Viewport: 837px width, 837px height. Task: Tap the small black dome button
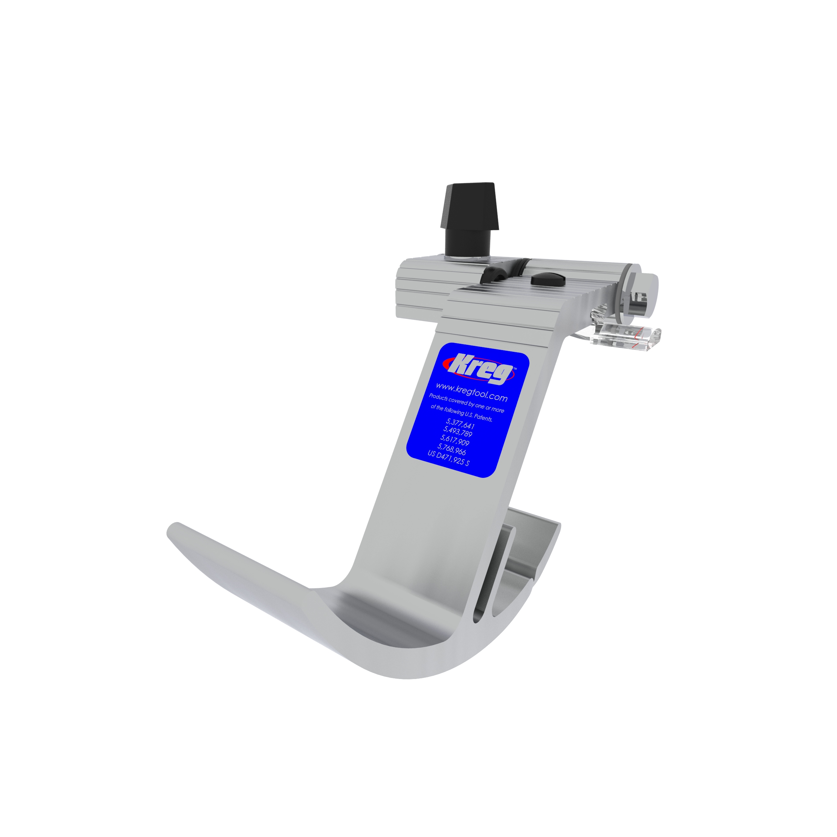548,279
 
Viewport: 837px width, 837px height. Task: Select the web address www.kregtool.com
472,391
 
